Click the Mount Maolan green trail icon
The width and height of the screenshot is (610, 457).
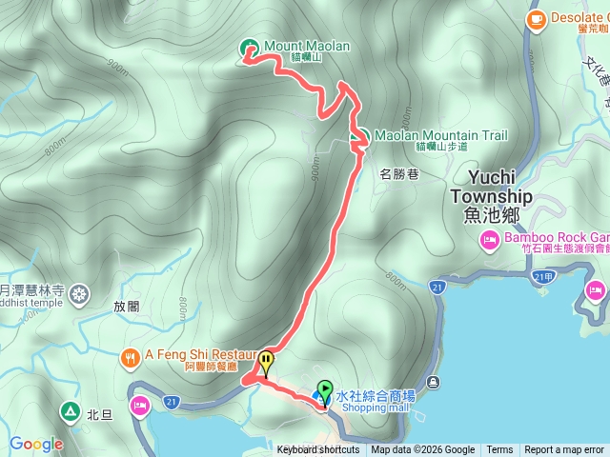(x=250, y=47)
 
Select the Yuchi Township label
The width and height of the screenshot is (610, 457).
(x=499, y=187)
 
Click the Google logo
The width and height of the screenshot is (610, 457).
(x=36, y=444)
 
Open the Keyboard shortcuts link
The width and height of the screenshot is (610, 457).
(x=318, y=450)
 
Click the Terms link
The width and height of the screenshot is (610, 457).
(x=499, y=450)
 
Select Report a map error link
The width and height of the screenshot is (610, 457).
(x=565, y=450)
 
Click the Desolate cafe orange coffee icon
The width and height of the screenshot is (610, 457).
(x=535, y=16)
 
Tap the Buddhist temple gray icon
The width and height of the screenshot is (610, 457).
(x=78, y=292)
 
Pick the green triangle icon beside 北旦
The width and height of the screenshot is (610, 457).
(x=70, y=411)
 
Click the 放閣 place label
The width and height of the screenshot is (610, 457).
(x=127, y=308)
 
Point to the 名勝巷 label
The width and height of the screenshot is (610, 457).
(x=399, y=174)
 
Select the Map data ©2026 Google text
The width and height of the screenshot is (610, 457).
(x=423, y=450)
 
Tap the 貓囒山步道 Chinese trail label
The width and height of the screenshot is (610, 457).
(x=441, y=147)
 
